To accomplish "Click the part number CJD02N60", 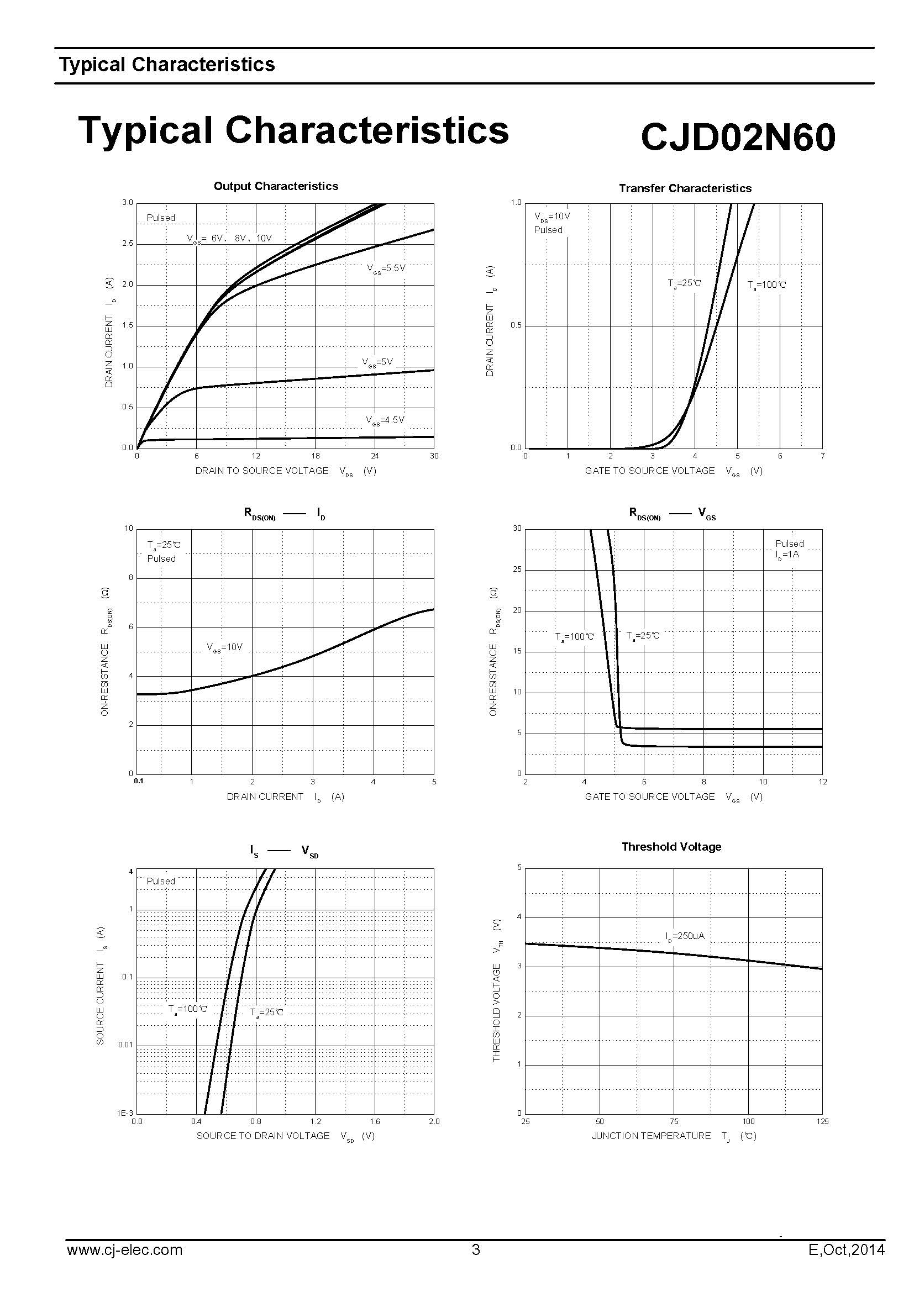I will pos(738,137).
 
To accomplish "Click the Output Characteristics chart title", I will pos(276,186).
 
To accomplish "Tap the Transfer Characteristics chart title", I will pos(685,188).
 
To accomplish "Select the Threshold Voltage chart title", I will pos(671,847).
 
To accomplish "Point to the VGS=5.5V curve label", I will pos(386,268).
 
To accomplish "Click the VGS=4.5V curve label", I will pos(385,420).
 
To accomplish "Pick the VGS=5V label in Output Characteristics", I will pos(377,362).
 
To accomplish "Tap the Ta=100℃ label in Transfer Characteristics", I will pos(766,285).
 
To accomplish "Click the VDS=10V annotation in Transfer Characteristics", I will pos(552,217).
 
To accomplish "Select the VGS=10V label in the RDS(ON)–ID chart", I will pos(224,648).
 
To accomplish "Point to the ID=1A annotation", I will pos(787,555).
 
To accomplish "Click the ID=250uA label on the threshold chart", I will pos(685,936).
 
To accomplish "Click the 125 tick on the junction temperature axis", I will pos(822,1121).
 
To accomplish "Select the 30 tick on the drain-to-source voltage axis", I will pos(434,456).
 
